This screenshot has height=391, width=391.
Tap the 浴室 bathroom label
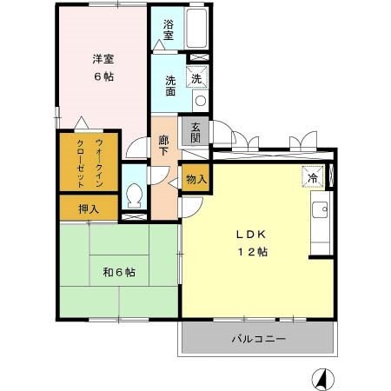click(168, 31)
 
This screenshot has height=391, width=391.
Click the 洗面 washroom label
click(170, 85)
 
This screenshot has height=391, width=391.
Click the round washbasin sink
click(200, 101)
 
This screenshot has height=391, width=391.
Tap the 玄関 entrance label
click(194, 133)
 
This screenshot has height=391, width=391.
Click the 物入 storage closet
click(195, 179)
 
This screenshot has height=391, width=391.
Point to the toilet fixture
click(134, 196)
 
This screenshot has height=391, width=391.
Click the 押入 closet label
click(89, 209)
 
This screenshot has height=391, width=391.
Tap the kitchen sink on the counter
click(321, 209)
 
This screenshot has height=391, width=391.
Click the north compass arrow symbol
click(321, 379)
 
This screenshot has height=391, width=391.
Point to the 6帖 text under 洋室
click(104, 76)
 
